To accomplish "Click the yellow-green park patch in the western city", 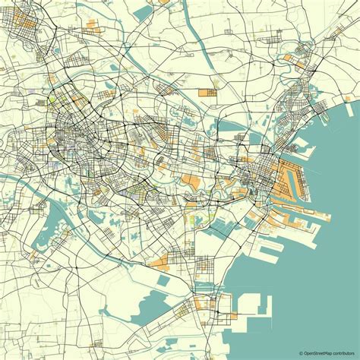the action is coord(52,99).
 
